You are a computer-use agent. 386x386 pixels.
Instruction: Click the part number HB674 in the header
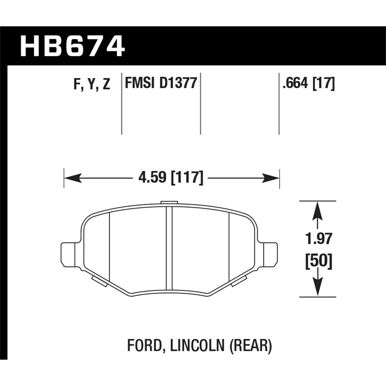(x=72, y=46)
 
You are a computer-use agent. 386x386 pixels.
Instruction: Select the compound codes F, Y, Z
(x=92, y=84)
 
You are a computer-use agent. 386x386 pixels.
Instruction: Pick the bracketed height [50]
(x=319, y=262)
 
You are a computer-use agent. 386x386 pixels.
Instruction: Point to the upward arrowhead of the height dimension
(x=318, y=210)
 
